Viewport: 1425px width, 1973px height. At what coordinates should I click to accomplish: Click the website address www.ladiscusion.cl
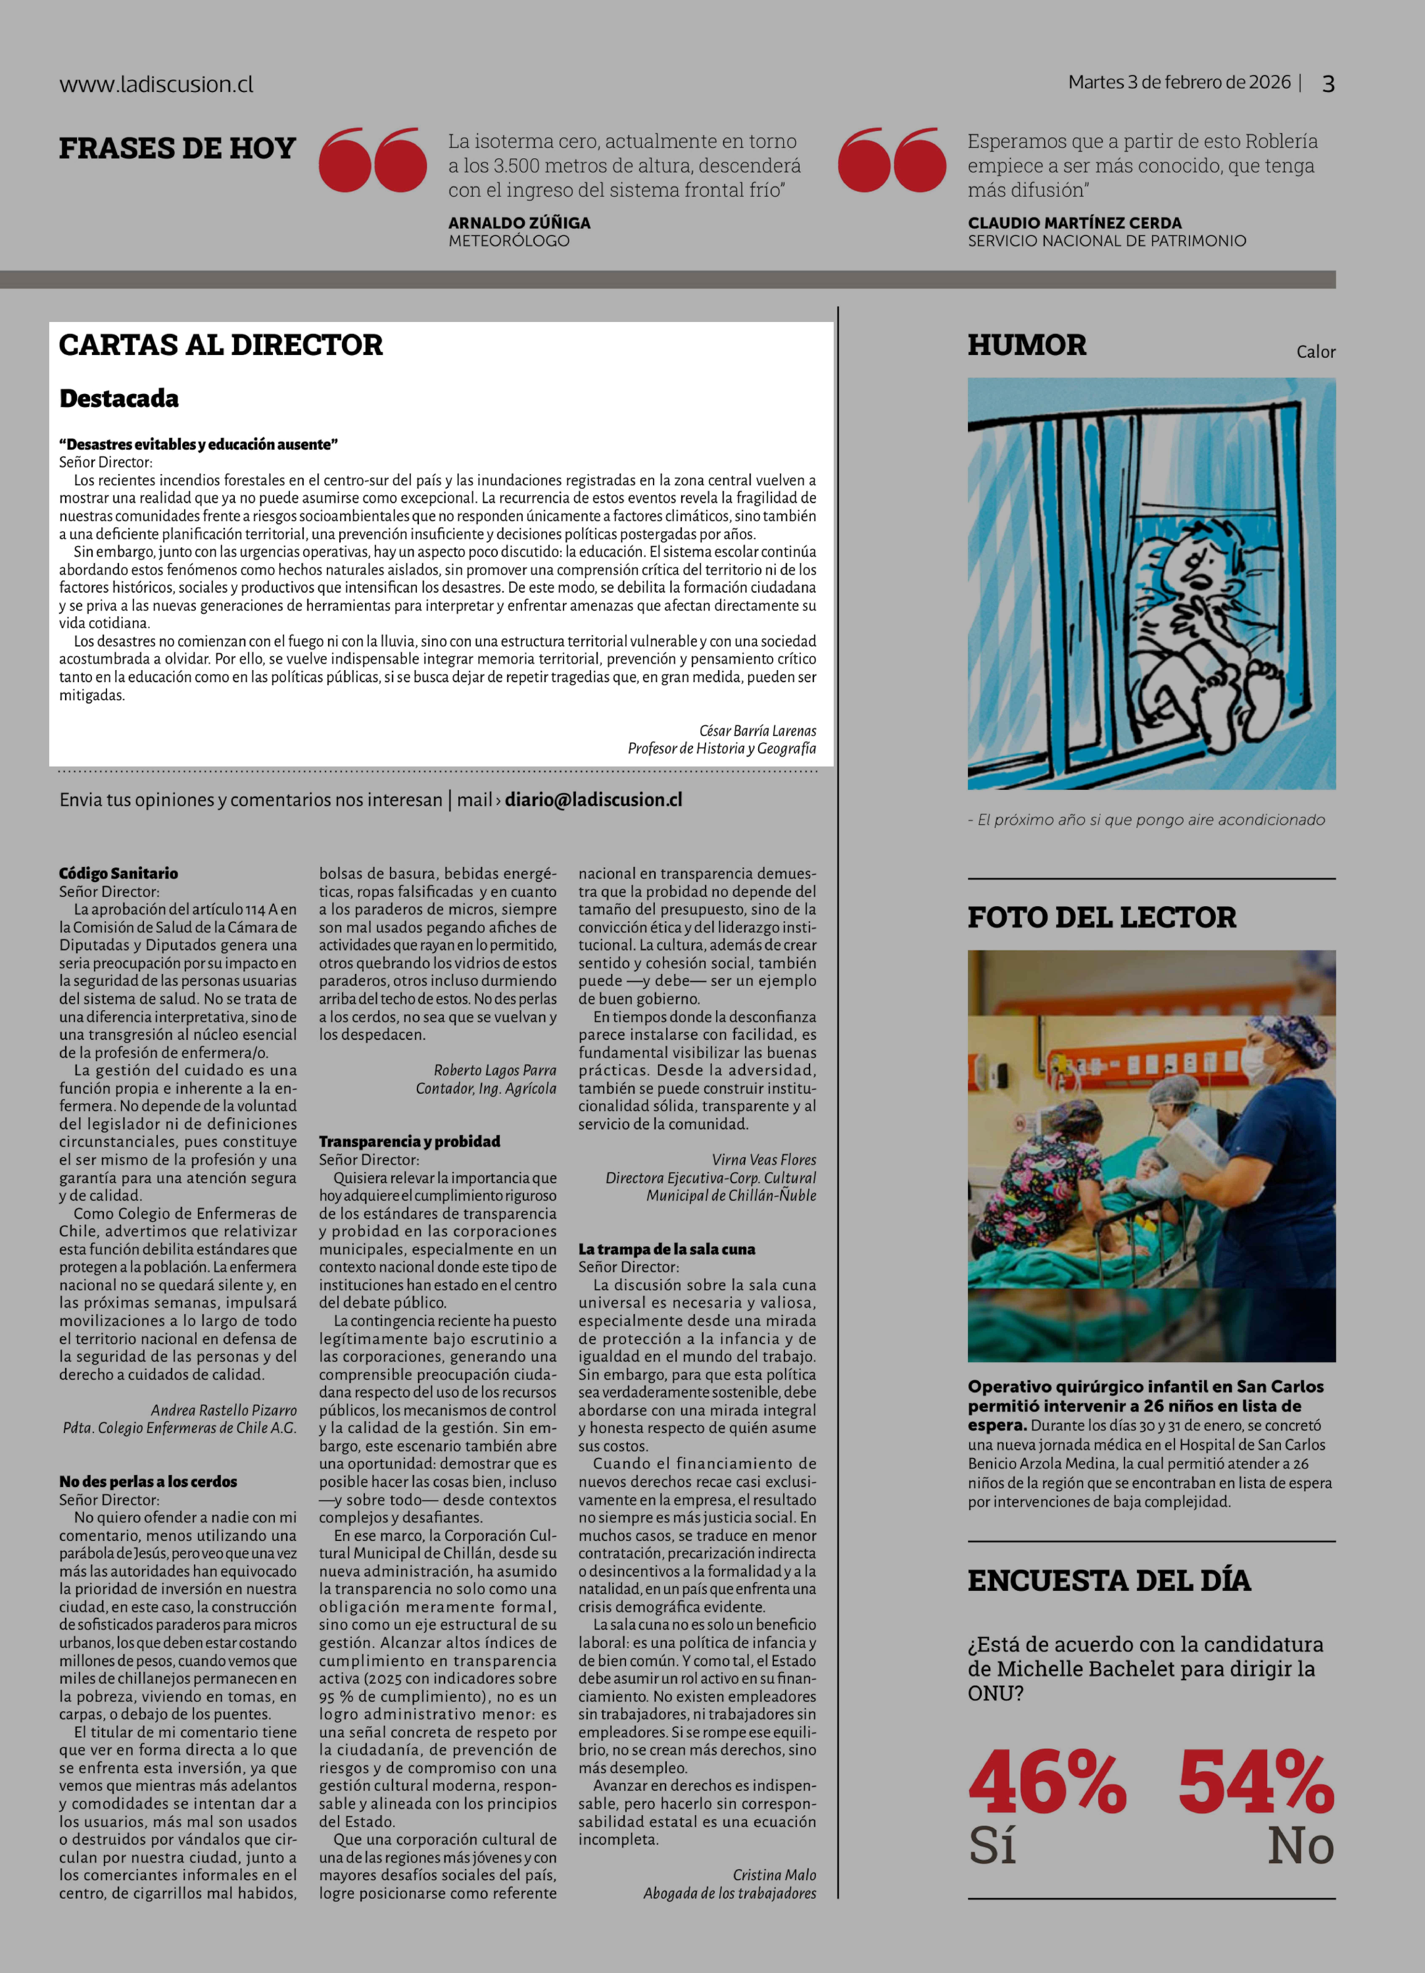pos(157,84)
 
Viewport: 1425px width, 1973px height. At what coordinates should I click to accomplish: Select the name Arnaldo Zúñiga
pos(519,223)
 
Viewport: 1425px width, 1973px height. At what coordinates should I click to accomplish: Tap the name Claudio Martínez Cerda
pos(1074,223)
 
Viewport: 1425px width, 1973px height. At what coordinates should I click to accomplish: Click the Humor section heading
pos(1026,345)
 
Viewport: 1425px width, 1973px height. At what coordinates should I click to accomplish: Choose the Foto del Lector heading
pos(1101,917)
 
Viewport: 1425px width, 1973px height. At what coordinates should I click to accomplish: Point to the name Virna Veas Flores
pos(764,1160)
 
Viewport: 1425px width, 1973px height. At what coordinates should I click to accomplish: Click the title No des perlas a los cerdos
pos(148,1482)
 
